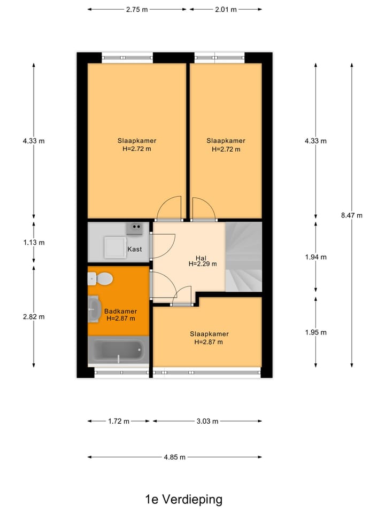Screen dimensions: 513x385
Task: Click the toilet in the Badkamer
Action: point(101,278)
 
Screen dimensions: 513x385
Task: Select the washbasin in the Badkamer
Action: point(95,309)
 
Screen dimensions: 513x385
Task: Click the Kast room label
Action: point(134,250)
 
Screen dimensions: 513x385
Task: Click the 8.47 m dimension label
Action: point(351,215)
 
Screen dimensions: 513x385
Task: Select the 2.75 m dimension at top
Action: point(137,9)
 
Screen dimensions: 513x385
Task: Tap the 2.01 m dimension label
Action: point(226,9)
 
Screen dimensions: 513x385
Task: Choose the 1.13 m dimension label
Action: point(34,242)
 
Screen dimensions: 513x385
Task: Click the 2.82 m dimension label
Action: point(34,316)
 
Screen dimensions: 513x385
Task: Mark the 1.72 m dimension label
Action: point(119,421)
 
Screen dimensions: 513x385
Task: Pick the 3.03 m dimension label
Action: point(207,421)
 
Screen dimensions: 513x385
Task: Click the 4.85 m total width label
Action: point(175,457)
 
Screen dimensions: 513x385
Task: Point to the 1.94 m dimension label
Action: point(315,257)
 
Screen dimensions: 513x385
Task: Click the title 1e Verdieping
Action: point(183,500)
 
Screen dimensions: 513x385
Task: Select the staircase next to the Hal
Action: point(244,257)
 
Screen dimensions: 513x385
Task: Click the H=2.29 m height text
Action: point(203,263)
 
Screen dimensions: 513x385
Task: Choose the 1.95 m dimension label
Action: point(315,332)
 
